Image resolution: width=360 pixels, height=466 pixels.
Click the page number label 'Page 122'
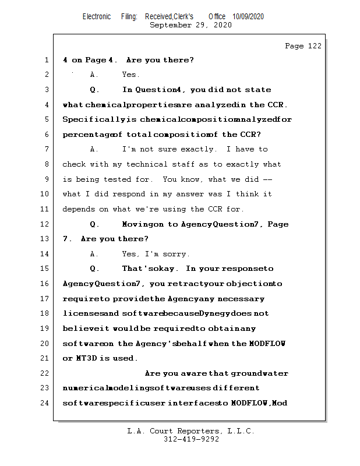click(x=303, y=46)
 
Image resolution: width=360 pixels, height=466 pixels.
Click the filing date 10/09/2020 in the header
click(x=248, y=17)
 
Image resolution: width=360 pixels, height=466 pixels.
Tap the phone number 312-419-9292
click(x=191, y=439)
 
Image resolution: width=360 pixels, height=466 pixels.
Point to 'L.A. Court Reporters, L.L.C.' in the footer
click(x=191, y=431)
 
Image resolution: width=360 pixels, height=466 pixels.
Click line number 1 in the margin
click(x=46, y=60)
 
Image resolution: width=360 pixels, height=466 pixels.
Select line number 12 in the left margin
click(x=44, y=224)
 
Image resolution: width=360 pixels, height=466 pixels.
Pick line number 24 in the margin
click(x=44, y=403)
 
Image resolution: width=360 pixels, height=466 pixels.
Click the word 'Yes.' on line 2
click(x=130, y=75)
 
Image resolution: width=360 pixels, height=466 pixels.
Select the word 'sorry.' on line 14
click(x=176, y=254)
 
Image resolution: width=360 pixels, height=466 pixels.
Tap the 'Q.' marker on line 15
click(x=95, y=269)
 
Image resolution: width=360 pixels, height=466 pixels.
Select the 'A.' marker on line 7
click(x=94, y=150)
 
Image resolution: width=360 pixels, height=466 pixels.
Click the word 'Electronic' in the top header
click(x=97, y=17)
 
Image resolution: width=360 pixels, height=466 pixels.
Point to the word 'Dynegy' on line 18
click(x=218, y=313)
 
